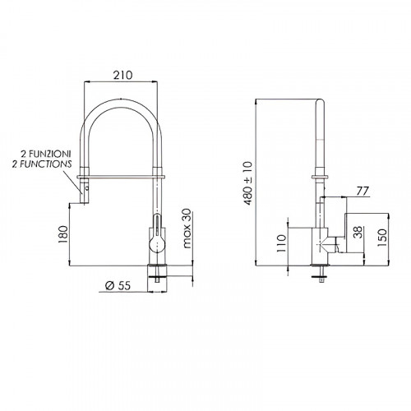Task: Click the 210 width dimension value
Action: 122,75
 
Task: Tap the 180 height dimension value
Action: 63,234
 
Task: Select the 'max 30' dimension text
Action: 187,229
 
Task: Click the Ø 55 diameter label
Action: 118,285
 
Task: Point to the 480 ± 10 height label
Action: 248,183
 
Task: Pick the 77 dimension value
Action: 363,191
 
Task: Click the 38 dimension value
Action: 358,233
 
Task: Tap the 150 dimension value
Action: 382,238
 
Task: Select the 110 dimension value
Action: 281,243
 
